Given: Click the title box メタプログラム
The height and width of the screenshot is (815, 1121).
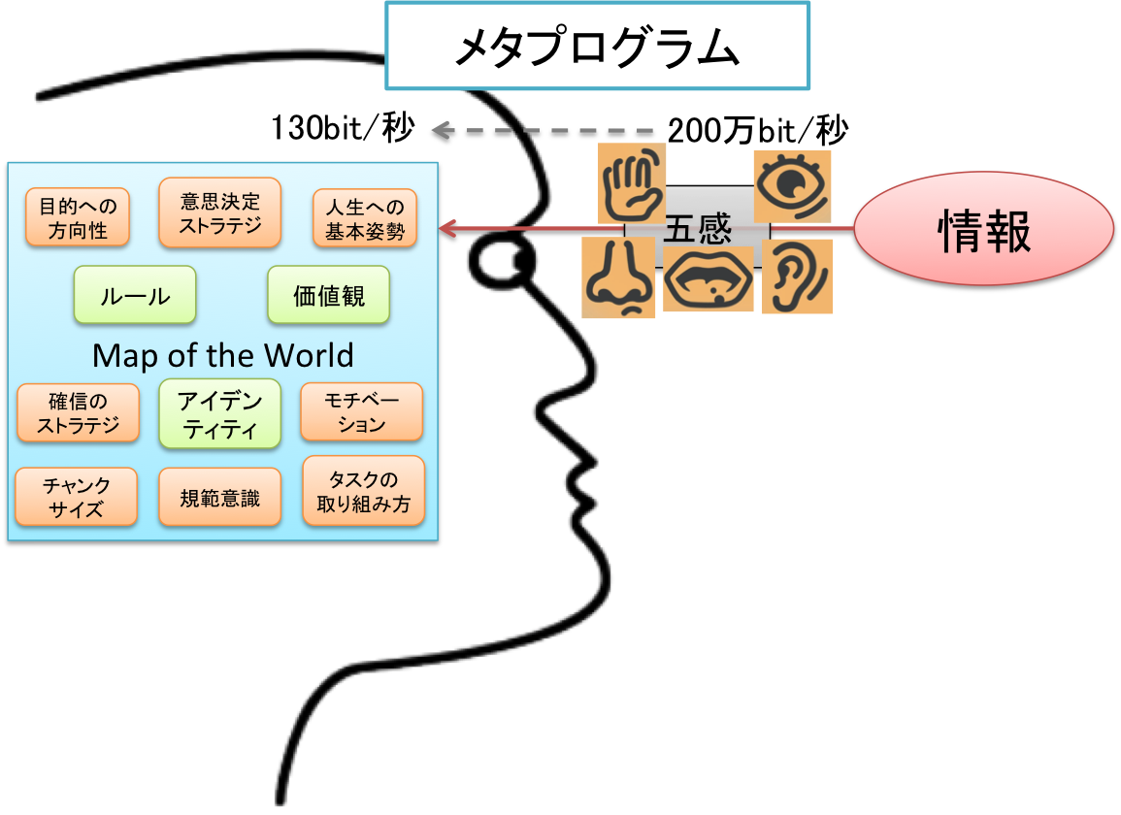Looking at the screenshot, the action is pyautogui.click(x=597, y=47).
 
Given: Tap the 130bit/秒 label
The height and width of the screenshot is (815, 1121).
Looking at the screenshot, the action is pyautogui.click(x=342, y=128).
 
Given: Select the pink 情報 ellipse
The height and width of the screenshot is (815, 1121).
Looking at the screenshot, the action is pyautogui.click(x=983, y=230).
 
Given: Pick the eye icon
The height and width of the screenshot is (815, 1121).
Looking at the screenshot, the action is pyautogui.click(x=793, y=185).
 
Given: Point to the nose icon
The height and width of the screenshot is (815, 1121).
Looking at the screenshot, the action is pyautogui.click(x=618, y=277).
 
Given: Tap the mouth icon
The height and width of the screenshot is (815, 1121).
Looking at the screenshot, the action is pyautogui.click(x=709, y=278).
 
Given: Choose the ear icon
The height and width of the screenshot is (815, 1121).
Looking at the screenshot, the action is pyautogui.click(x=797, y=277).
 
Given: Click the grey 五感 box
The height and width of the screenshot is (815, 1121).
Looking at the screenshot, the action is pyautogui.click(x=697, y=229).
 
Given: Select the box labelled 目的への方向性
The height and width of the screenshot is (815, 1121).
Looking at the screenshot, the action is pyautogui.click(x=78, y=218).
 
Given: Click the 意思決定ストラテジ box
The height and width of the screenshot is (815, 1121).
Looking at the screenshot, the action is pyautogui.click(x=219, y=212).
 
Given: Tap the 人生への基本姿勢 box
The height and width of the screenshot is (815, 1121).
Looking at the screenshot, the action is pyautogui.click(x=365, y=218).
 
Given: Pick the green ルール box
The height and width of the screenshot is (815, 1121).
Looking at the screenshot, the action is pyautogui.click(x=135, y=295).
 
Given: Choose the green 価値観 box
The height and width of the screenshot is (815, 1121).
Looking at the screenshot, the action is pyautogui.click(x=329, y=295).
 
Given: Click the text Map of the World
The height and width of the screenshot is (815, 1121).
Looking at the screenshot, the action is pyautogui.click(x=222, y=355).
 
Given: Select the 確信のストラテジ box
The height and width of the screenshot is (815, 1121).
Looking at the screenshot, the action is pyautogui.click(x=78, y=412).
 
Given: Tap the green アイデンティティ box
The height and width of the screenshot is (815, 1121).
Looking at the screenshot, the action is pyautogui.click(x=219, y=414).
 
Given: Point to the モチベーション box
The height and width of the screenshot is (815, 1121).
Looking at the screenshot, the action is pyautogui.click(x=362, y=411).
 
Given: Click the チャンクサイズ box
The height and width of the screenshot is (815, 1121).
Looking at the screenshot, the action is pyautogui.click(x=76, y=497).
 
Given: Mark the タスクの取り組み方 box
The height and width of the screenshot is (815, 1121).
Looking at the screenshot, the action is pyautogui.click(x=364, y=492).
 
